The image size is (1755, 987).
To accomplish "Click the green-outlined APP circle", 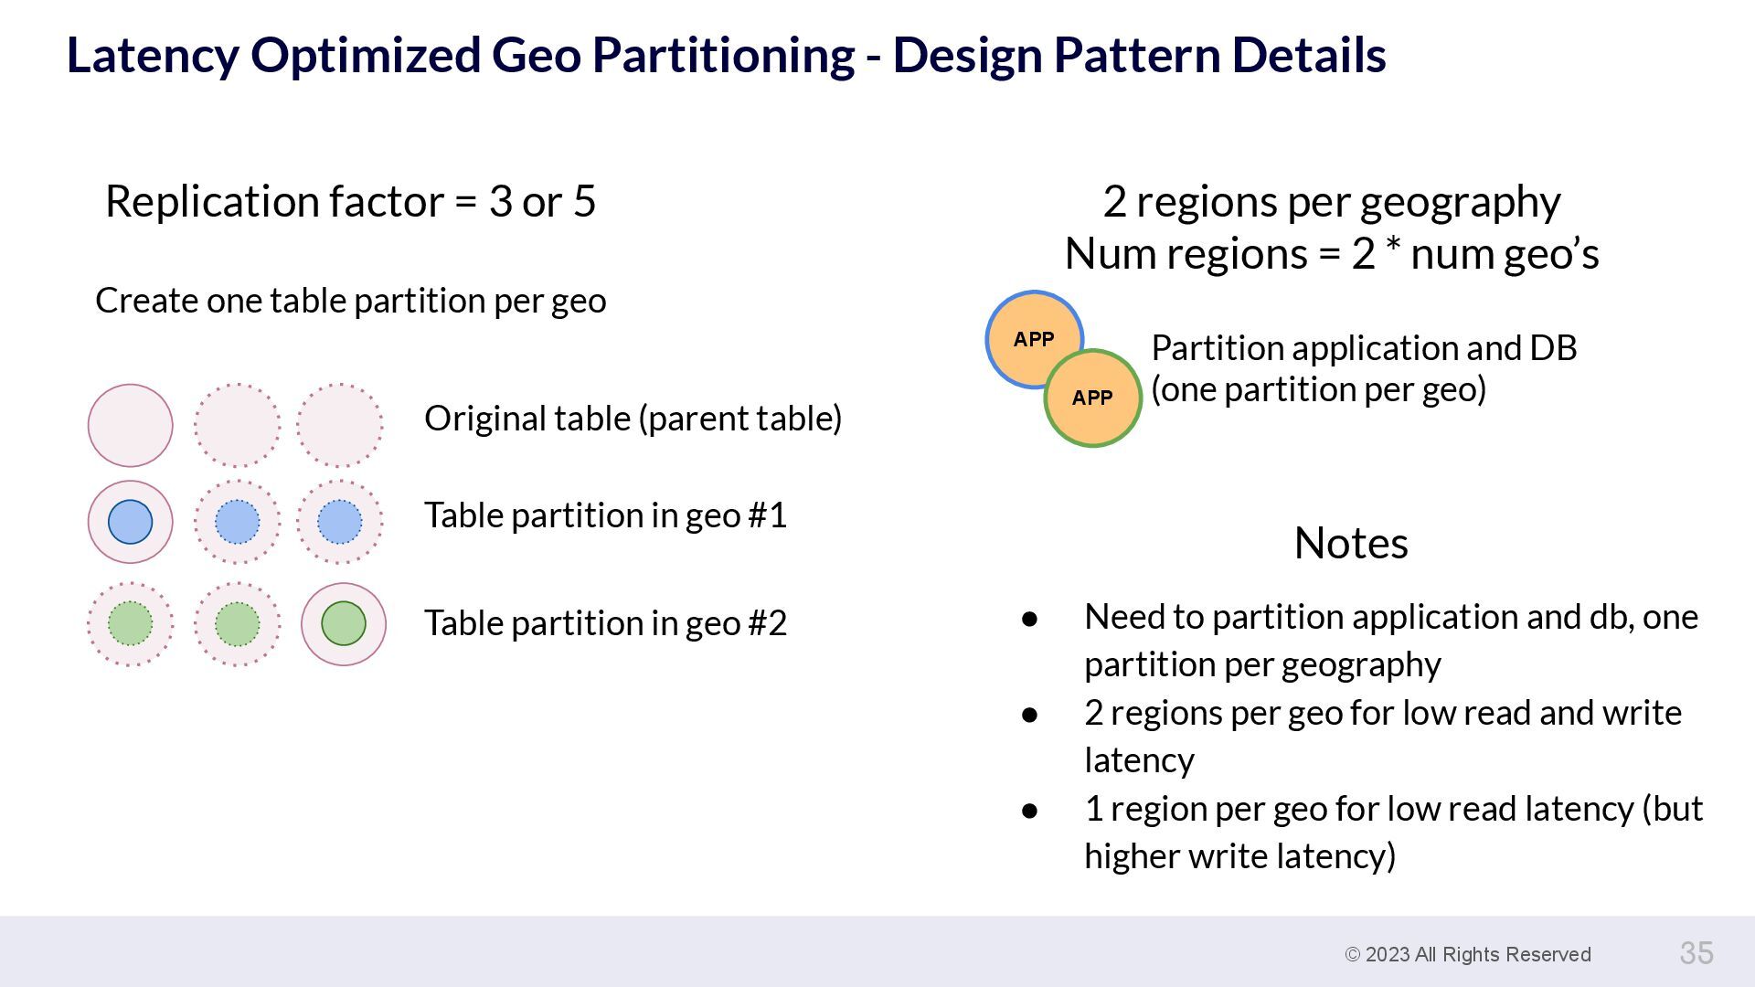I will tap(1093, 398).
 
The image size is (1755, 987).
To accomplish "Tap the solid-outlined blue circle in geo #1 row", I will tap(130, 522).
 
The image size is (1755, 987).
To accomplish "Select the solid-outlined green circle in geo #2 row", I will tap(344, 623).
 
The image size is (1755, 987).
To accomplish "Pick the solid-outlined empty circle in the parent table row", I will tap(130, 425).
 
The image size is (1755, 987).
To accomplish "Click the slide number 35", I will tap(1696, 953).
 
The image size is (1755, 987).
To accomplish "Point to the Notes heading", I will tap(1351, 543).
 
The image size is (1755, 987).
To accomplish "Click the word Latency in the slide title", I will tap(153, 55).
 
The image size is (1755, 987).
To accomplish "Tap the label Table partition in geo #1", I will tap(605, 515).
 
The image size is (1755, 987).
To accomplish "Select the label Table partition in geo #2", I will tap(605, 623).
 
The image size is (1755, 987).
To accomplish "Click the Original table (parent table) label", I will tap(633, 419).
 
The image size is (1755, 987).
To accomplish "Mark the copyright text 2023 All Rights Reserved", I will tap(1468, 954).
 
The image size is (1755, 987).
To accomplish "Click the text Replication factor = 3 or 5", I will tap(350, 201).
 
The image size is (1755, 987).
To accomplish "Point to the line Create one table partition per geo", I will tap(350, 301).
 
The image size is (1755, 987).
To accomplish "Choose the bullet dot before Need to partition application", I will tap(1030, 619).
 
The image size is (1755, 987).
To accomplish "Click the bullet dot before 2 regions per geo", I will tap(1030, 715).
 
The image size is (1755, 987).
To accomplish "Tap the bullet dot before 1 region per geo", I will tap(1030, 811).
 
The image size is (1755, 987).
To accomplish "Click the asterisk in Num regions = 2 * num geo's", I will tap(1393, 249).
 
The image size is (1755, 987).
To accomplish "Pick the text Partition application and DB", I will tap(1364, 348).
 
